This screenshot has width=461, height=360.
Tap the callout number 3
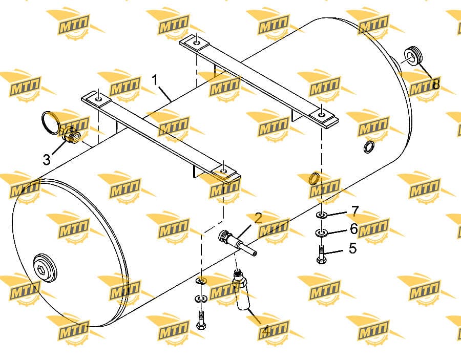[x=47, y=160]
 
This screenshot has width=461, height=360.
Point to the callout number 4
[x=265, y=331]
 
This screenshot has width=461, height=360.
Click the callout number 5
[x=352, y=248]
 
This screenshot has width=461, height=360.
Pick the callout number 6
[x=353, y=229]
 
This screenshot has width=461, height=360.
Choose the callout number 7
[x=355, y=211]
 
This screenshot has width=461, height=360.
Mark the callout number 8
[x=436, y=84]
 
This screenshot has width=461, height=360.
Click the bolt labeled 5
[x=321, y=255]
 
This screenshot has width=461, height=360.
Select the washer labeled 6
[x=321, y=234]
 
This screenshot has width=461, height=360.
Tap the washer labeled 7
[x=322, y=215]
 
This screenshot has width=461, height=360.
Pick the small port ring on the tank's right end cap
[x=369, y=146]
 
